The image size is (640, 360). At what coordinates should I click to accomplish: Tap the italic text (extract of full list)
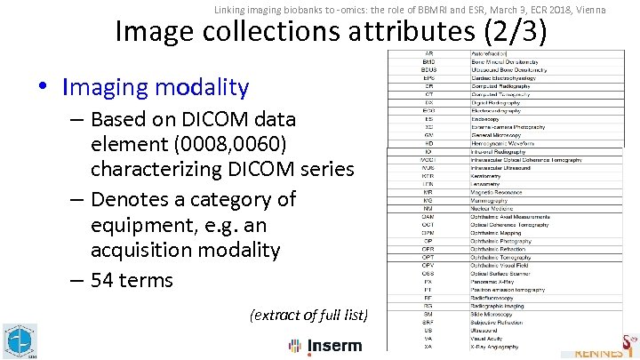click(308, 314)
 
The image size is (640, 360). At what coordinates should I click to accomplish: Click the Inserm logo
click(324, 345)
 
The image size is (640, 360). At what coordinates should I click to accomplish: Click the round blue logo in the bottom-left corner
click(17, 340)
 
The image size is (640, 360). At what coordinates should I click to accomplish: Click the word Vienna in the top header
click(588, 9)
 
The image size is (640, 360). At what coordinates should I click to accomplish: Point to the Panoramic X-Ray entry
click(494, 280)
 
